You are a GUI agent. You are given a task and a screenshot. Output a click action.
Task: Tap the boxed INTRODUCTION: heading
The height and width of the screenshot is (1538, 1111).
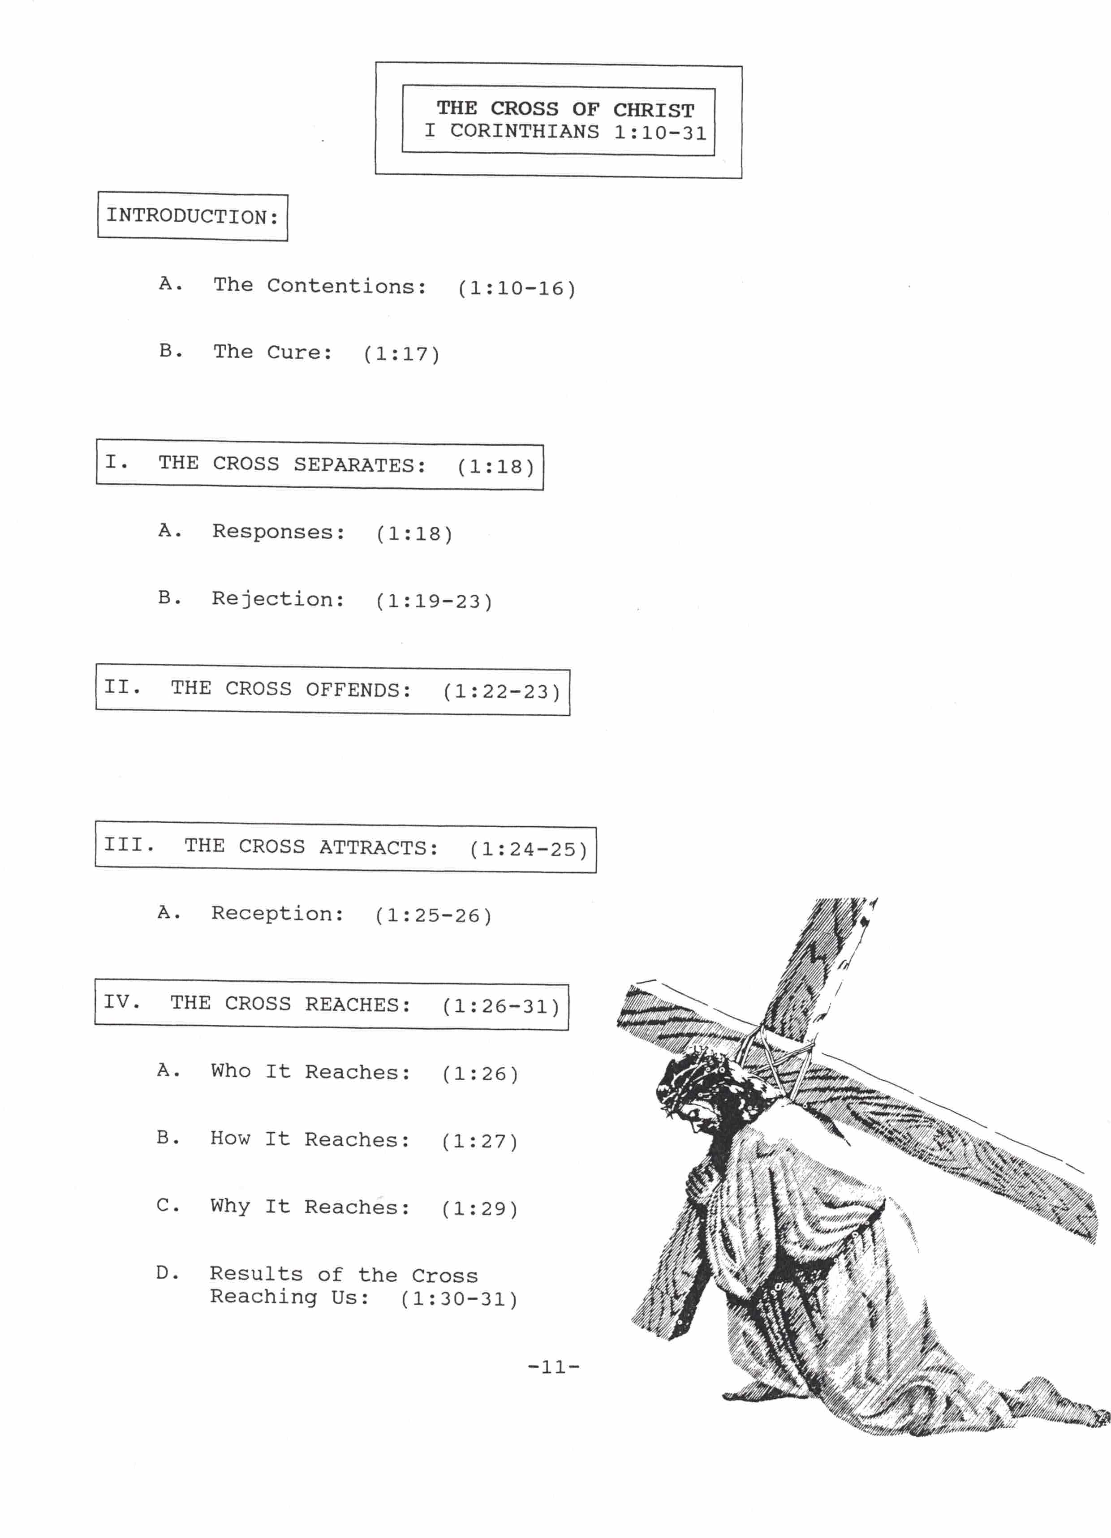[x=193, y=216]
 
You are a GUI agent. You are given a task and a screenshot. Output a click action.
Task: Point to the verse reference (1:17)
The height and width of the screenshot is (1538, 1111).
[x=401, y=353]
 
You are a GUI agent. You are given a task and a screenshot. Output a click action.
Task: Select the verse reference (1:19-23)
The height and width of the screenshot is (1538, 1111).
[x=434, y=601]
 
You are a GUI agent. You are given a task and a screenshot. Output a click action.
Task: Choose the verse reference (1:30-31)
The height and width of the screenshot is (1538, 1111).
[x=459, y=1299]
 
